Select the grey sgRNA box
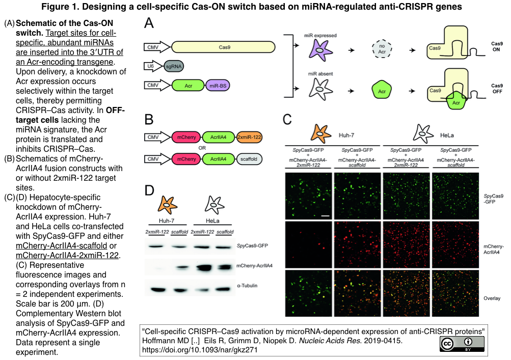[173, 66]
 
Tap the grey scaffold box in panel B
[249, 159]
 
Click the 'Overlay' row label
[492, 298]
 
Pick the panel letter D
[149, 191]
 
